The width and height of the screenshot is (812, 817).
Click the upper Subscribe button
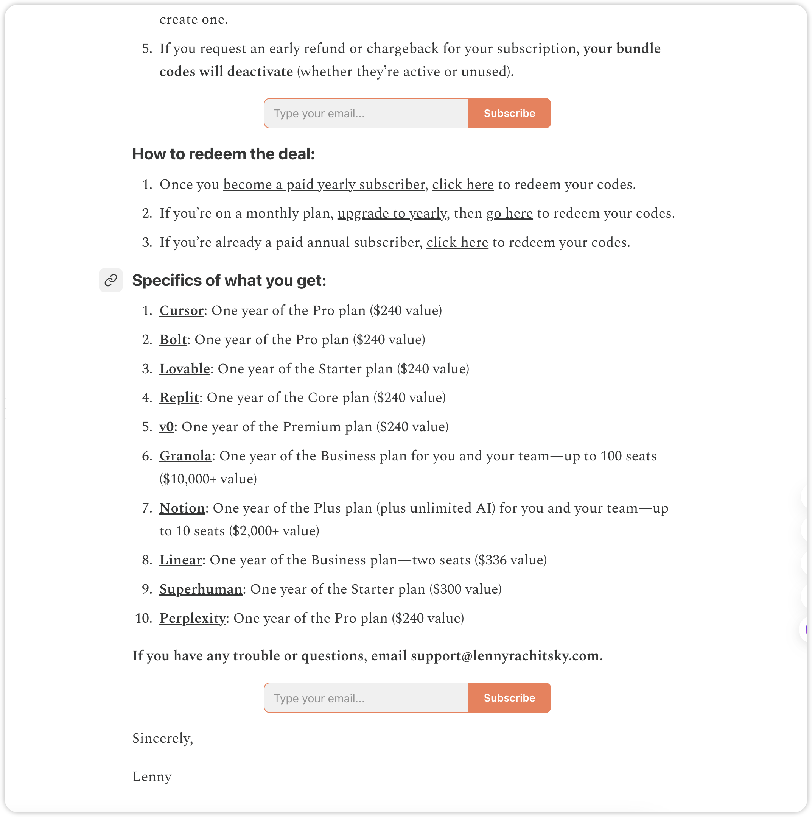coord(509,113)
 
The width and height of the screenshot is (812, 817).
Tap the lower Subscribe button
coord(509,698)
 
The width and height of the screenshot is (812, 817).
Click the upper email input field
coord(366,113)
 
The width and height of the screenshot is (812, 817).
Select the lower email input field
coord(366,698)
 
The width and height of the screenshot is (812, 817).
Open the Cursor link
coord(181,311)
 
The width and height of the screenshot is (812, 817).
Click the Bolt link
coord(173,340)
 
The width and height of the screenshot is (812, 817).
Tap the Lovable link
coord(184,369)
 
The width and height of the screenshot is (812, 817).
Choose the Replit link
coord(179,398)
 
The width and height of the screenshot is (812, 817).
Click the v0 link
coord(166,427)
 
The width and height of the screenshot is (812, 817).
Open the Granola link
coord(185,456)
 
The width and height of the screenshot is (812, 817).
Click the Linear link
coord(180,560)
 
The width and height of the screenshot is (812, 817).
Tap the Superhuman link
coord(201,589)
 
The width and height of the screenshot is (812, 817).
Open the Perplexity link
coord(192,619)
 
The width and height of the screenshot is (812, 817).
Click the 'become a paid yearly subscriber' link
coord(324,185)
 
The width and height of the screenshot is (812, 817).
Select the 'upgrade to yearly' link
coord(391,214)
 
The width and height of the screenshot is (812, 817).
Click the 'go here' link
coord(509,214)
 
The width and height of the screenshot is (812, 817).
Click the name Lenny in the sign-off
coord(152,777)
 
